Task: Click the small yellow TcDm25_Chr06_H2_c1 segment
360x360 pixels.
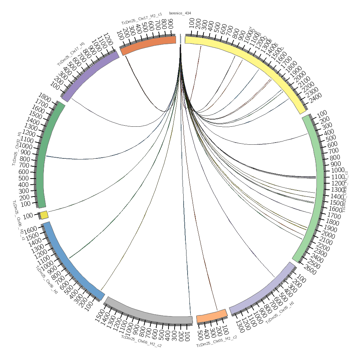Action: [x=44, y=215]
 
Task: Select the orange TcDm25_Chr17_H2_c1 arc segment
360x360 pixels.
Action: [x=148, y=45]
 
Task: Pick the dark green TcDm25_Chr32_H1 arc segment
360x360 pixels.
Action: [x=47, y=155]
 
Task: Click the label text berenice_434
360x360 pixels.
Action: [x=181, y=13]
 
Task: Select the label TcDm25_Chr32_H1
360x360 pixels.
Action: [x=16, y=149]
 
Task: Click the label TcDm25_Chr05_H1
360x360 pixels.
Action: [x=280, y=313]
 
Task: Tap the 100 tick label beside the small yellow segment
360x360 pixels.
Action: [x=29, y=216]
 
